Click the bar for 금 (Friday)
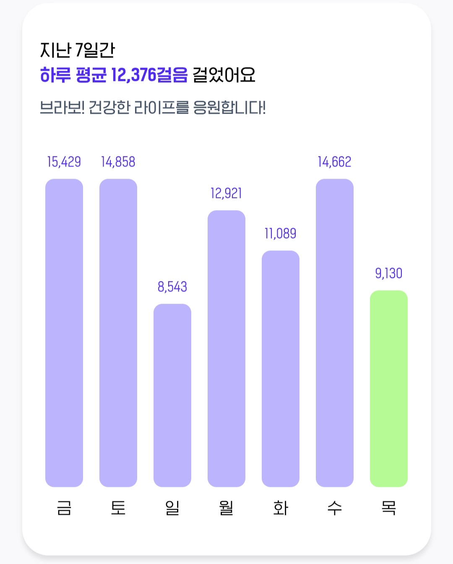tap(64, 333)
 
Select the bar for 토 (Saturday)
tap(118, 333)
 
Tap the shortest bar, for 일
tap(172, 395)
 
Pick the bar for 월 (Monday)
tap(226, 348)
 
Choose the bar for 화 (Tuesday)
tap(281, 369)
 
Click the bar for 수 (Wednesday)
tap(335, 333)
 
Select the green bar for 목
tap(389, 389)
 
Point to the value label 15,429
tap(64, 162)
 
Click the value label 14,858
tap(118, 162)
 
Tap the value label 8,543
tap(172, 287)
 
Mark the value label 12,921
tap(226, 193)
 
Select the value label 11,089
tap(280, 234)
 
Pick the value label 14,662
tap(335, 162)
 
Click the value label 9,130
tap(389, 273)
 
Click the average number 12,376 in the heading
tap(133, 75)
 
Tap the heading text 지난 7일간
tap(77, 50)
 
